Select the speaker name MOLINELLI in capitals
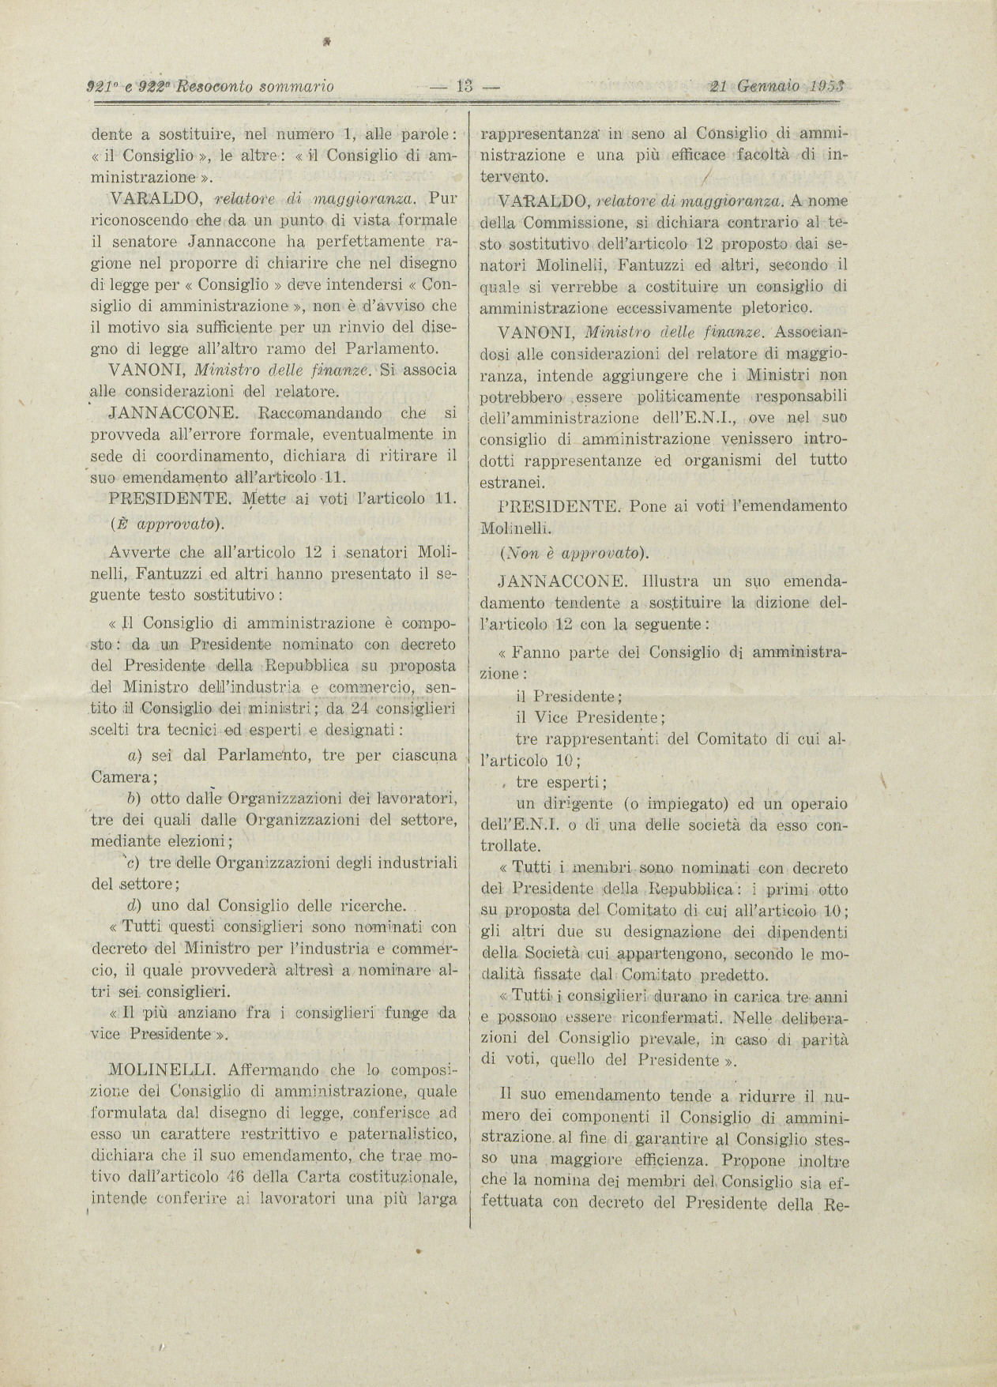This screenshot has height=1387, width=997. click(x=163, y=1071)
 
